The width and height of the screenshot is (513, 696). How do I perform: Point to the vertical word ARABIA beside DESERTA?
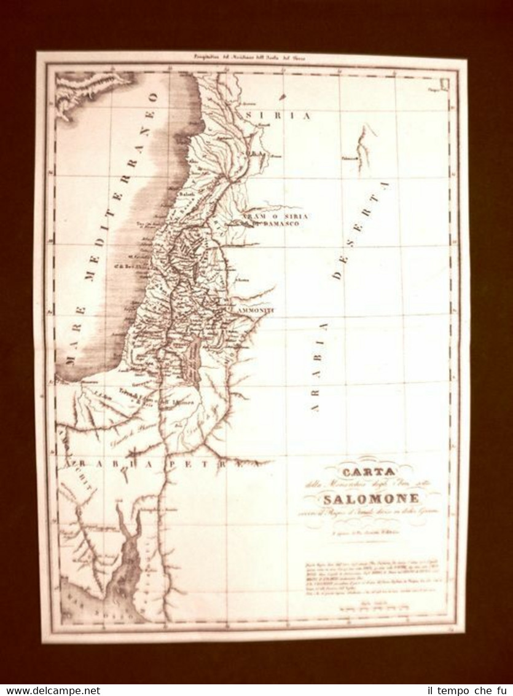tap(316, 366)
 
